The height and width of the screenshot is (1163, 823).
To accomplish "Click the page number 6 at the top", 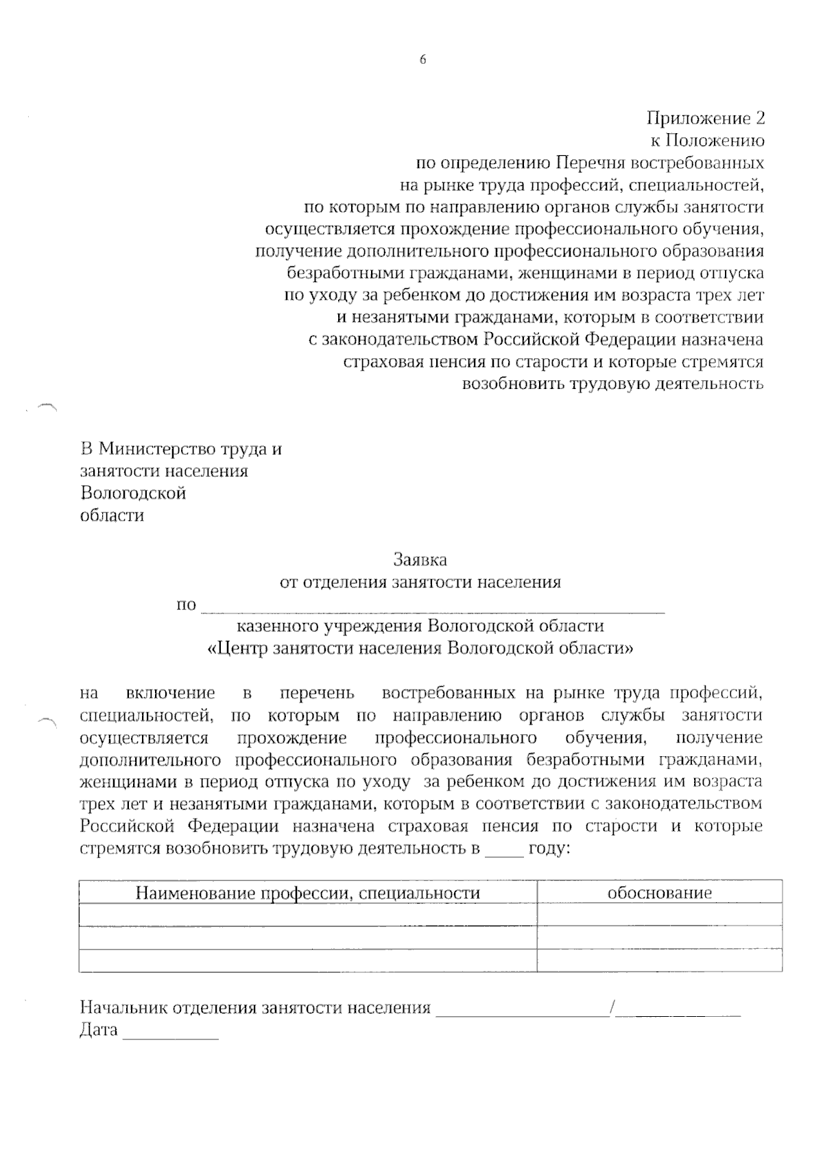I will [422, 60].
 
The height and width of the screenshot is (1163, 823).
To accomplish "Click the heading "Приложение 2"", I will [706, 119].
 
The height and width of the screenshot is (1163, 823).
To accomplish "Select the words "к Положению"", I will [707, 141].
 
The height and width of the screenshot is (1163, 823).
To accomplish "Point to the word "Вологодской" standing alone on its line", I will [133, 493].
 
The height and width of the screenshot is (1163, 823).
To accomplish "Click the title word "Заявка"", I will [420, 560].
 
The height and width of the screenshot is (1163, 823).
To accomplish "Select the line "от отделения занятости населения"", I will [420, 583].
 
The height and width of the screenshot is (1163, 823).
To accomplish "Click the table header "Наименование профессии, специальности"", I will [308, 893].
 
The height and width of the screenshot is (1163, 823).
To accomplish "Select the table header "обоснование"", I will [659, 893].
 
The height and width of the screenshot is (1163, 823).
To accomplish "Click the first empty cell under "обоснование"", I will [659, 915].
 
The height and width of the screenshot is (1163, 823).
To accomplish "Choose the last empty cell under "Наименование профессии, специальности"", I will [308, 961].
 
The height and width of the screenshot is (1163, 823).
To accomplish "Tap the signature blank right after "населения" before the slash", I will [523, 1010].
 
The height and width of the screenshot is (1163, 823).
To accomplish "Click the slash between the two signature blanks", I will [612, 1007].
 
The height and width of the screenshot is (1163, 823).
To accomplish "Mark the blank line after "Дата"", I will [170, 1033].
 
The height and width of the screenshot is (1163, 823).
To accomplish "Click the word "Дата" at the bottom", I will [99, 1030].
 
